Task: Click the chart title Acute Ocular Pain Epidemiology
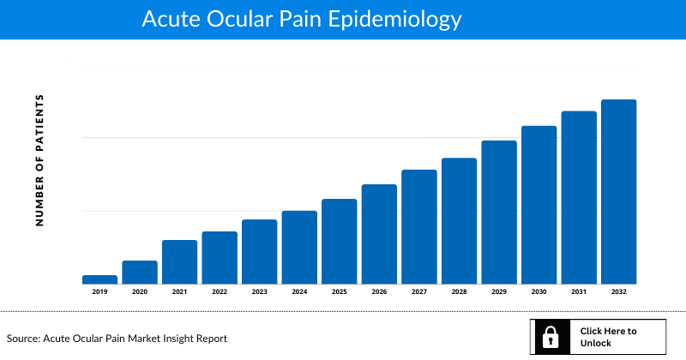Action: [301, 19]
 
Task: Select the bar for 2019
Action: [99, 279]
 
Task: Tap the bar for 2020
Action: [140, 272]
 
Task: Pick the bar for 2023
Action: [259, 251]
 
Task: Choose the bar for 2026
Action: [379, 234]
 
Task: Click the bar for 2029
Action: [499, 212]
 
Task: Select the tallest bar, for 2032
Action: [618, 191]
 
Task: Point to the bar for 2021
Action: [179, 261]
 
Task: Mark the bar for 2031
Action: [579, 197]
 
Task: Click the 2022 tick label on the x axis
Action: [220, 292]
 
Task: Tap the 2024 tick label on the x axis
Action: [299, 292]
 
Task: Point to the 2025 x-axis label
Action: [339, 292]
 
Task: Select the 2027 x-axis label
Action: [418, 292]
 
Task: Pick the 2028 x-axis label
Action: [459, 292]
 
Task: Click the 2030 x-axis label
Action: [539, 292]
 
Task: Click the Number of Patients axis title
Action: [39, 160]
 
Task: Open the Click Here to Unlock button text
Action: [608, 337]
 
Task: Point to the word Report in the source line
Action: [210, 339]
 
